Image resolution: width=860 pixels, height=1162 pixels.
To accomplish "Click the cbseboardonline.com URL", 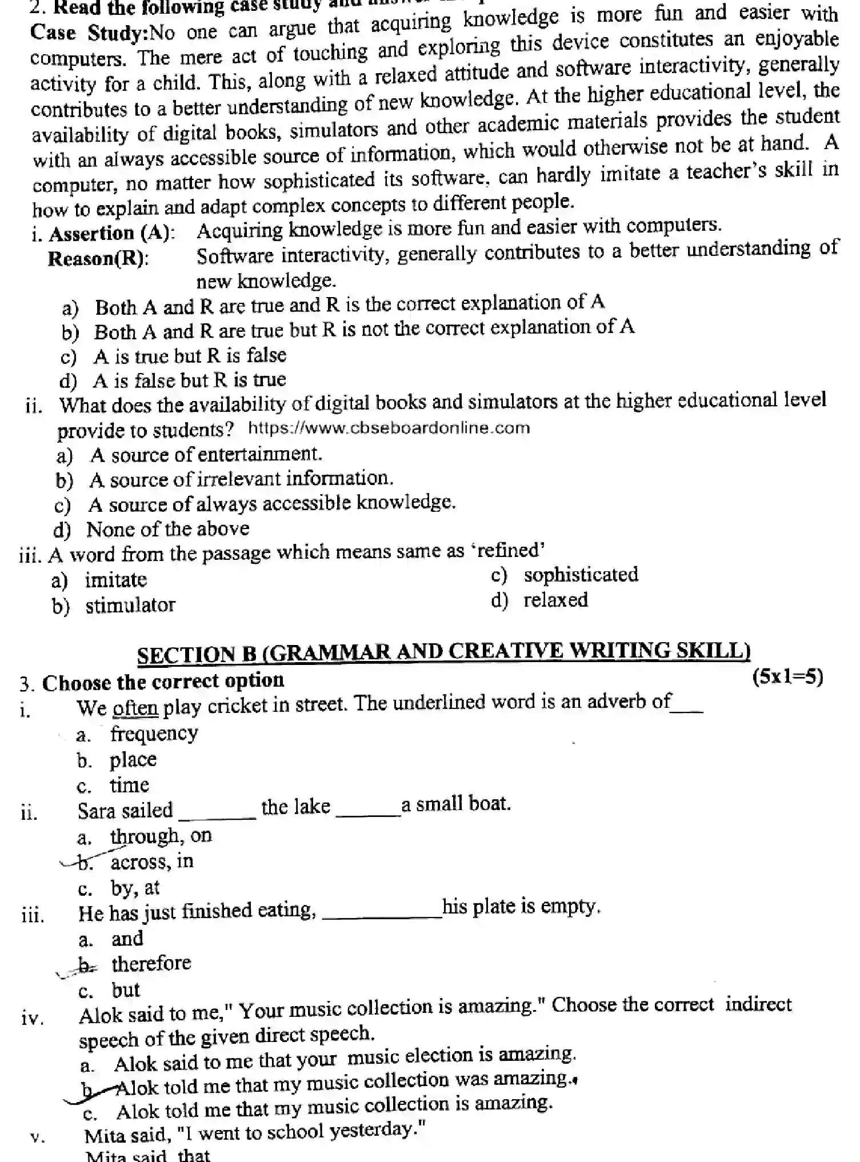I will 389,428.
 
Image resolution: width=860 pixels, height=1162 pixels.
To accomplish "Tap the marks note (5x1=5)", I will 787,677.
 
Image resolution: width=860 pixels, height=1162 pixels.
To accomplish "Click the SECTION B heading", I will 443,652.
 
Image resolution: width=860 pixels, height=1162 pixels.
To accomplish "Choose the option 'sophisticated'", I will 581,575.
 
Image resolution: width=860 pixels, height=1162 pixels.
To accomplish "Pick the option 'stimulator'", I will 130,605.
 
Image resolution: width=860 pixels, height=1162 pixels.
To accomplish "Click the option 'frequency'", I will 154,734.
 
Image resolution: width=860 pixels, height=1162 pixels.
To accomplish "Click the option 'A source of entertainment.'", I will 206,455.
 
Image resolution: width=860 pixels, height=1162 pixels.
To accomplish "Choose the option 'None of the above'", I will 167,529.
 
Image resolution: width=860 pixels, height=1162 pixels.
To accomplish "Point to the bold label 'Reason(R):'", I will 98,259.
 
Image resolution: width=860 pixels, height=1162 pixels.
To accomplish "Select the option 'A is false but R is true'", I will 189,380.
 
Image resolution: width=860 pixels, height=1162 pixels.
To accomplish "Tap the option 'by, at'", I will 135,888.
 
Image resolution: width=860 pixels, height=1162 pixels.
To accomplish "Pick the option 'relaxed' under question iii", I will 555,600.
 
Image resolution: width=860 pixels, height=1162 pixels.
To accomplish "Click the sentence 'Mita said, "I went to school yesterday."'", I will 255,1131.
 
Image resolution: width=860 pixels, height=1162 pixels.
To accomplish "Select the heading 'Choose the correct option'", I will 163,682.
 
